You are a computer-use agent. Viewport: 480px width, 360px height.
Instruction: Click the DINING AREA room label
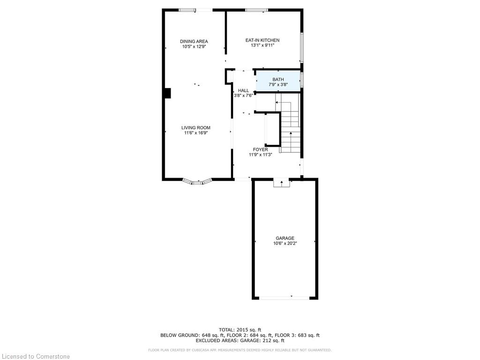click(194, 41)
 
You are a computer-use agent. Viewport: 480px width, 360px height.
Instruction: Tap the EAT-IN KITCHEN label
click(262, 40)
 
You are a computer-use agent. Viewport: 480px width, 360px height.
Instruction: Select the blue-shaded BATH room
click(278, 81)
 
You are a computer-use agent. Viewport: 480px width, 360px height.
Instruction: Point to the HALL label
click(243, 90)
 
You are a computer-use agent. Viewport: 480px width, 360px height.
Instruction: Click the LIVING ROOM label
click(195, 127)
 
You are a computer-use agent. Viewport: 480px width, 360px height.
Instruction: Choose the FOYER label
click(260, 150)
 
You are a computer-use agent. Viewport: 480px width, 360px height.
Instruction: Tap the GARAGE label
click(285, 238)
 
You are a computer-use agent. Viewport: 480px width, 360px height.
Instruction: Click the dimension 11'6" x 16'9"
click(195, 133)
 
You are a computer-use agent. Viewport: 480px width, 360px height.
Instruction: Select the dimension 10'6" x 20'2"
click(285, 243)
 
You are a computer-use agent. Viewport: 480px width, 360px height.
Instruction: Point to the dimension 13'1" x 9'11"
click(262, 45)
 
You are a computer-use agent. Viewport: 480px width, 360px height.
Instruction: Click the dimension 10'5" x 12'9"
click(194, 46)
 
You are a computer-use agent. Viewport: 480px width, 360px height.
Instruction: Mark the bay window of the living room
click(197, 182)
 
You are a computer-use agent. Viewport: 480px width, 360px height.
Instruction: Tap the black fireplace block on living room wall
click(167, 93)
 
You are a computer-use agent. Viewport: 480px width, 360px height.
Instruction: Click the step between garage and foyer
click(281, 183)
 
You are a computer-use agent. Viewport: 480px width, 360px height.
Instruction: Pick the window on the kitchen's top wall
click(256, 10)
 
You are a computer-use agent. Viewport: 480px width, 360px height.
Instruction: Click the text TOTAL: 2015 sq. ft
click(240, 330)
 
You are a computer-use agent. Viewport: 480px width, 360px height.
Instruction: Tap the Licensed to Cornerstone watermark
click(36, 356)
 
